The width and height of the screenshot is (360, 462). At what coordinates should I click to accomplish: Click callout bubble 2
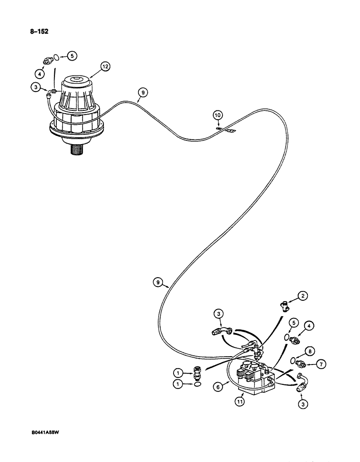(302, 296)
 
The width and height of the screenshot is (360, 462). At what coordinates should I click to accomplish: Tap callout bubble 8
(309, 351)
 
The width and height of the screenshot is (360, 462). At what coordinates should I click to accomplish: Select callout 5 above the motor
(72, 56)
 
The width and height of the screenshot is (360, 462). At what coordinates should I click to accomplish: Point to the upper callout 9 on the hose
(143, 93)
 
